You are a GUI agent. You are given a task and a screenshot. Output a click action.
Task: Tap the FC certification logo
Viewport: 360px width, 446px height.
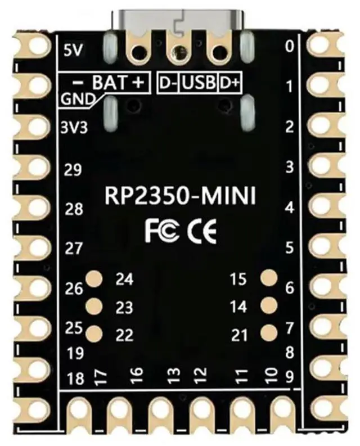[163, 231]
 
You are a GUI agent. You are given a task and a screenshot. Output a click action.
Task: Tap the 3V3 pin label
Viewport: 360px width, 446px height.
[74, 127]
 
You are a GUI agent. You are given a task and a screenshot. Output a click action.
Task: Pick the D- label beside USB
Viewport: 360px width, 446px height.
[169, 83]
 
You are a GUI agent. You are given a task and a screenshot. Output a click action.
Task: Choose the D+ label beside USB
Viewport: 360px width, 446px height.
[229, 83]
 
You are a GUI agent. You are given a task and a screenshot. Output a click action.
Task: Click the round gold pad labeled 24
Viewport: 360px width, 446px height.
[94, 278]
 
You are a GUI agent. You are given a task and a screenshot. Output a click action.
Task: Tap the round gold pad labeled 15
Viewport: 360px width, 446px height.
[269, 277]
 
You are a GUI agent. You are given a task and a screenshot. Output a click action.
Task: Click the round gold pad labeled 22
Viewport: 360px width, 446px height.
[94, 334]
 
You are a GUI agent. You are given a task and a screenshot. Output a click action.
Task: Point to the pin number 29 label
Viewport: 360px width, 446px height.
[74, 170]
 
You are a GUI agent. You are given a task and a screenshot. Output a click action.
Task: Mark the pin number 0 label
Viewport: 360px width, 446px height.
[290, 47]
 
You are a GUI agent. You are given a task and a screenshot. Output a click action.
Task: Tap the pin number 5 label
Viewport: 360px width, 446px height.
[290, 247]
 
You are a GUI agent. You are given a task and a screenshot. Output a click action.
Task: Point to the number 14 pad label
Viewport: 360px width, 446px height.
[239, 307]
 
